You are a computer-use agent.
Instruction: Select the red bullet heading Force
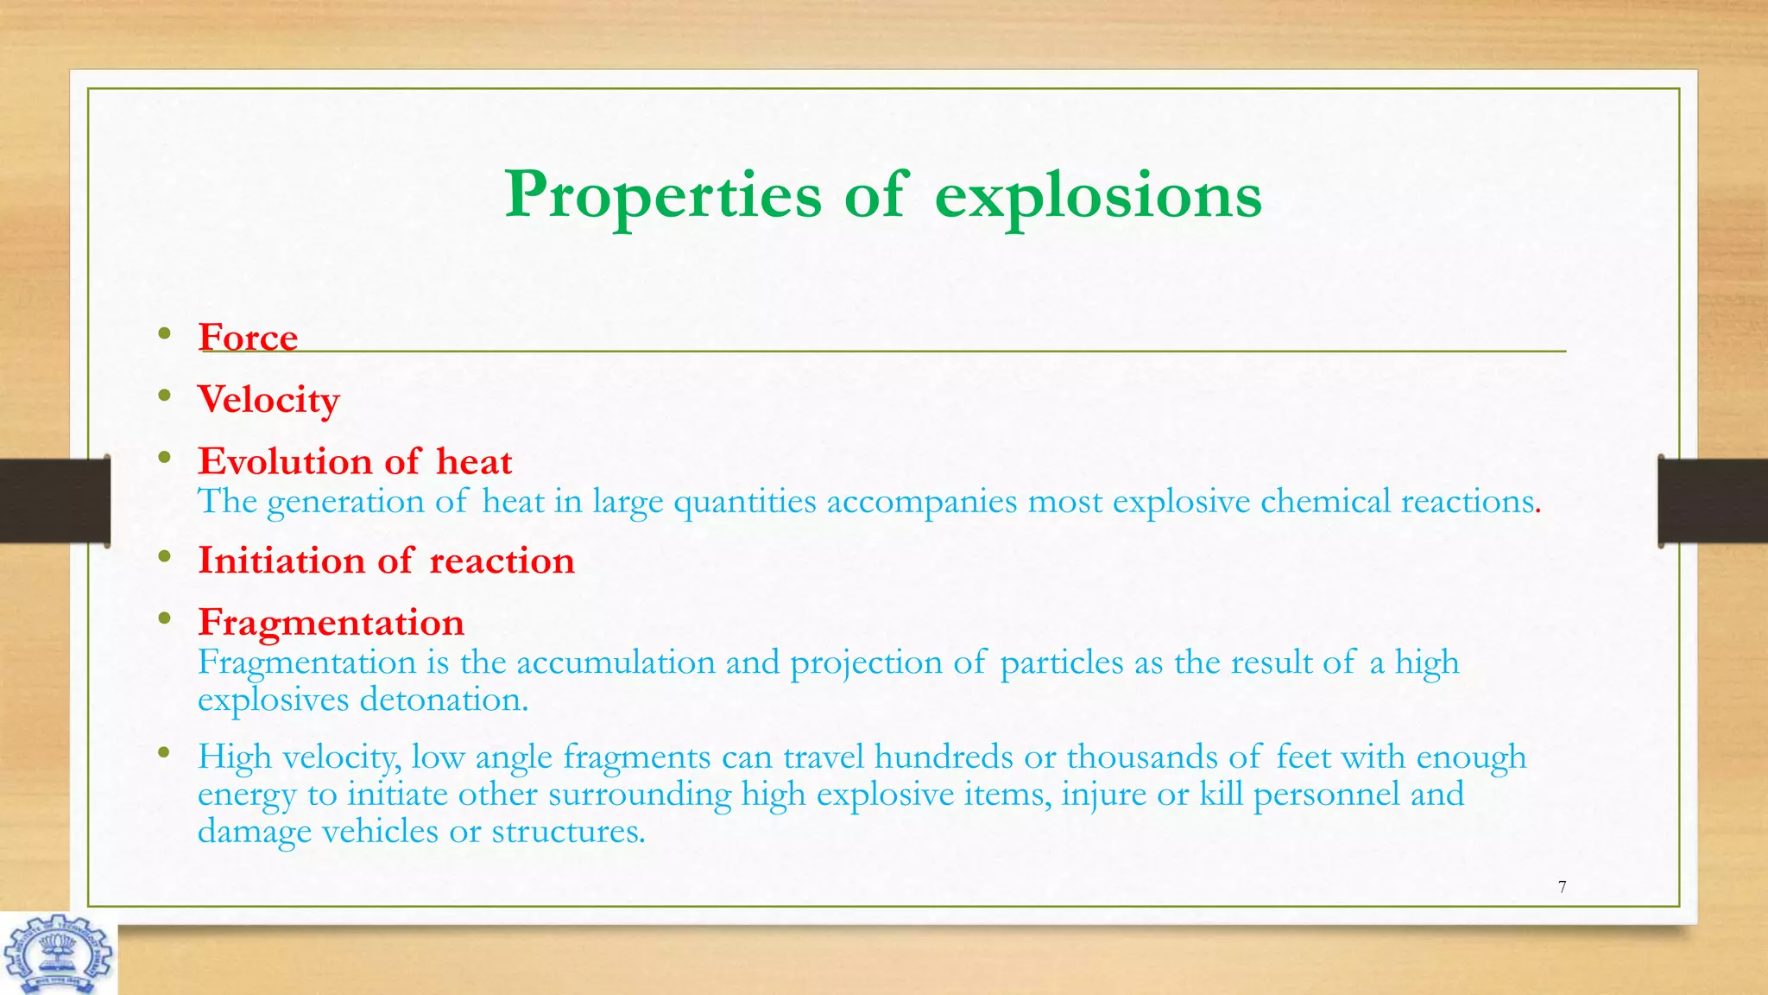coord(248,338)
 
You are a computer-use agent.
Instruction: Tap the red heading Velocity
coord(268,400)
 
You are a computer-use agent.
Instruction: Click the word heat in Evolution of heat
coord(473,462)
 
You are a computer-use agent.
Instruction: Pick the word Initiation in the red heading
coord(281,561)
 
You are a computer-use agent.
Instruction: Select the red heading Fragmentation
coord(331,623)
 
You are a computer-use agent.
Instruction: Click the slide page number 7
coord(1562,887)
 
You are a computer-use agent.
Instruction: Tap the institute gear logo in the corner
coord(58,955)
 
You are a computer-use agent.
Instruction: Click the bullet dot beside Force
coord(164,333)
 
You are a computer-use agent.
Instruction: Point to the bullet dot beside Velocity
coord(164,396)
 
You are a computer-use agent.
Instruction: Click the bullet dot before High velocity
coord(164,753)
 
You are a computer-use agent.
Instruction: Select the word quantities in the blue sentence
coord(744,502)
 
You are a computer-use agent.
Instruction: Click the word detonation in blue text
coord(443,700)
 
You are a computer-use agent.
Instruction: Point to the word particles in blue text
coord(1061,662)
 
